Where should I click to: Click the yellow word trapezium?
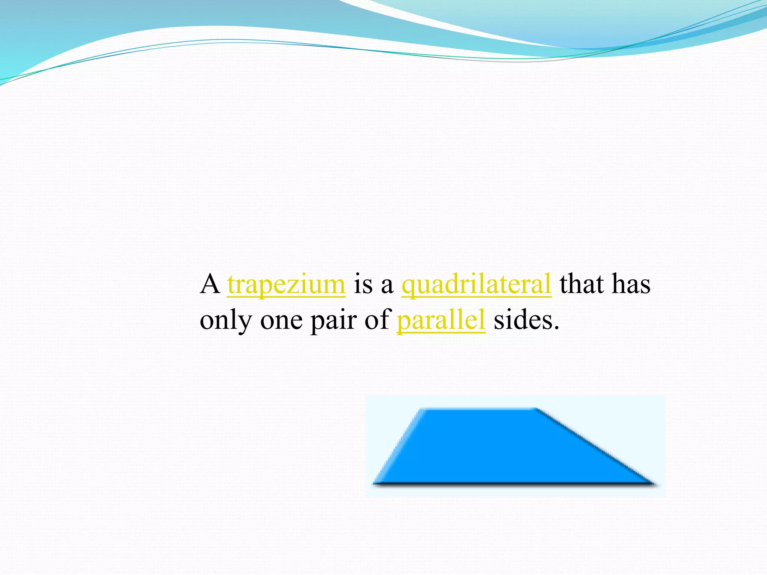coord(286,284)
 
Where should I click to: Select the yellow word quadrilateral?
coord(476,284)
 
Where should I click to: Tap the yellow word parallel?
coord(441,320)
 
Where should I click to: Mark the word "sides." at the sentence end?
coord(526,320)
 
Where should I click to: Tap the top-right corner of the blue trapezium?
coord(537,409)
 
